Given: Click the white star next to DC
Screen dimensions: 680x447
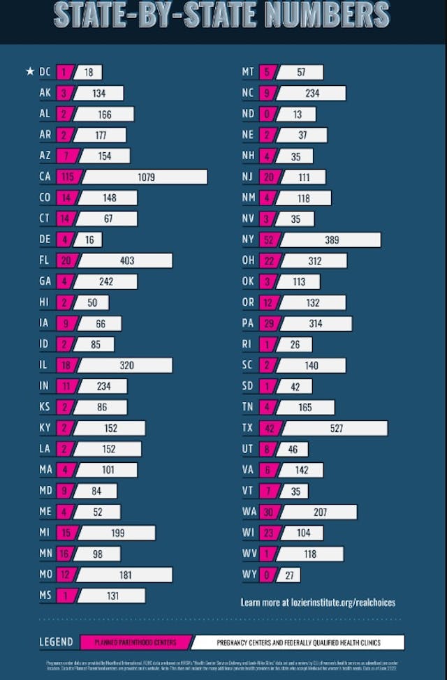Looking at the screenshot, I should click(29, 72).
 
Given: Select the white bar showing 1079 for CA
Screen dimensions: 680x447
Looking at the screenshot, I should click(145, 177).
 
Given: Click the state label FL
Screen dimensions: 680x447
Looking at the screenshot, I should click(45, 260).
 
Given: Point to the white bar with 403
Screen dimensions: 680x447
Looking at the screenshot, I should click(125, 260).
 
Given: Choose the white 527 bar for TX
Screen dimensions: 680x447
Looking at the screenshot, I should click(335, 428).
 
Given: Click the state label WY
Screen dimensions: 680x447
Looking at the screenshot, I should click(248, 575).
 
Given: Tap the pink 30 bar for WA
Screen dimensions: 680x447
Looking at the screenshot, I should click(268, 512).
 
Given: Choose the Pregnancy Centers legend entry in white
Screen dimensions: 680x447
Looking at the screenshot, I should click(299, 642).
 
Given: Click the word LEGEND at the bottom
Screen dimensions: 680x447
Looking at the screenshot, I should click(55, 642).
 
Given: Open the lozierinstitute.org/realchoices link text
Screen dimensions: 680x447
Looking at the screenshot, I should click(318, 602).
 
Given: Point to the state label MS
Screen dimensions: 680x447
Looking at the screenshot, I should click(45, 596).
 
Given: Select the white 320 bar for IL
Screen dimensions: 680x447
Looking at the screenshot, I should click(126, 365).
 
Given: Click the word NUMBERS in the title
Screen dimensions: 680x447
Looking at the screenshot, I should click(318, 15).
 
